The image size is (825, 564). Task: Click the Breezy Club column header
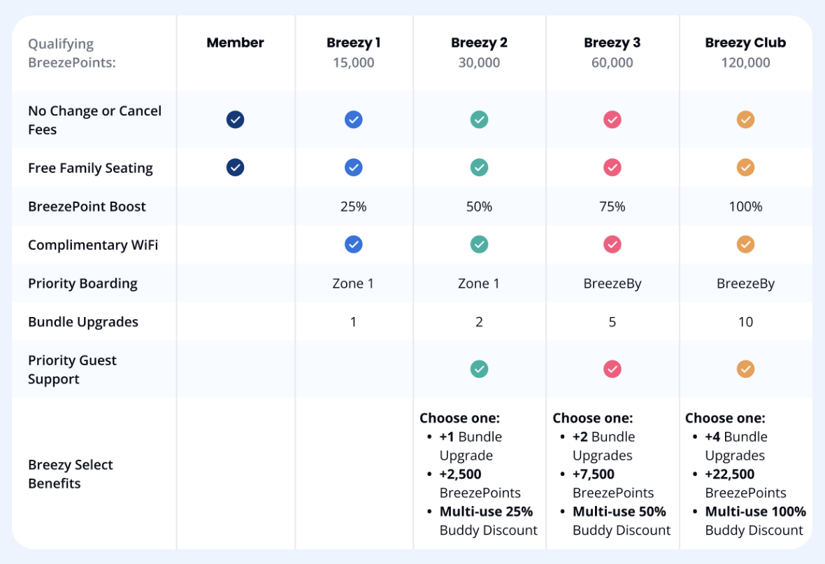[745, 43]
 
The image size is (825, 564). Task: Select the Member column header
[235, 43]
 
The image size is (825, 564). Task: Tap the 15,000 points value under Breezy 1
[353, 63]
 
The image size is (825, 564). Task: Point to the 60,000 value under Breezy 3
[612, 63]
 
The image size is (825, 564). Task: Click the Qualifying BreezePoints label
[71, 53]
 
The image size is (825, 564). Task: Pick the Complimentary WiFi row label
[93, 245]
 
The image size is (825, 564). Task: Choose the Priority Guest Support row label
[72, 369]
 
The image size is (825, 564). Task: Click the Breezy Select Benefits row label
[70, 474]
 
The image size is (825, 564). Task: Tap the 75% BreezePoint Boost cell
[612, 206]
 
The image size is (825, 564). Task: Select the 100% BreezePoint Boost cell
[745, 206]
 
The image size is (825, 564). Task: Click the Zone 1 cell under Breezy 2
[479, 283]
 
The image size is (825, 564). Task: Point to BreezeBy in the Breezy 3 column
[612, 283]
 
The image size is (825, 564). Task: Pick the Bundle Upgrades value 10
[745, 322]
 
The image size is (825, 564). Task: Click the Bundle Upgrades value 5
[612, 322]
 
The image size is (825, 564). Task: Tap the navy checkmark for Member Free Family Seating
[236, 168]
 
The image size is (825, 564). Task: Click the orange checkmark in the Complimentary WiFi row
[745, 244]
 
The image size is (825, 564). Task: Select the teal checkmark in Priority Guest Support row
[479, 369]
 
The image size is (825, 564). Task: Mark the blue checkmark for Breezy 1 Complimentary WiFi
[354, 244]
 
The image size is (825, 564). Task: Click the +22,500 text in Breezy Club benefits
[729, 474]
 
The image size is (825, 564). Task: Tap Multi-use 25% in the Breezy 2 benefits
[486, 512]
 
